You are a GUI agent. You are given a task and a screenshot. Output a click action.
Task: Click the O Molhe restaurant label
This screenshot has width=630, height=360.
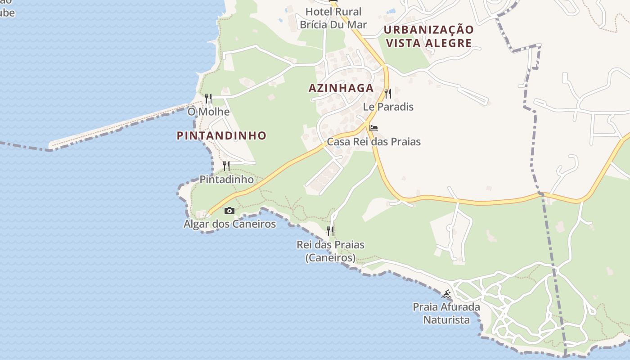point(208,112)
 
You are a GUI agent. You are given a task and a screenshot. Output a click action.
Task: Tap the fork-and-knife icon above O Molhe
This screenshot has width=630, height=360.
point(208,98)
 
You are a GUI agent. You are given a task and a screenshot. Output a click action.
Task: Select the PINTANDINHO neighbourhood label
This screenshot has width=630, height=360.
point(221,135)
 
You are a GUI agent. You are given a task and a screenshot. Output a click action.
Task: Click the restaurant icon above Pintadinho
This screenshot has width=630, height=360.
point(226,166)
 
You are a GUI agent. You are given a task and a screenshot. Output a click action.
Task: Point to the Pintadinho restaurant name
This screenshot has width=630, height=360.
point(226,180)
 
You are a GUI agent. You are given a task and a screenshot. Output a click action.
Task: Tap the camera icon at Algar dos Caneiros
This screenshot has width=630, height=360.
point(229,211)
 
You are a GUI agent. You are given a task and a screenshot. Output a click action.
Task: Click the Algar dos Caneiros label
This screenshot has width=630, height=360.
point(229,224)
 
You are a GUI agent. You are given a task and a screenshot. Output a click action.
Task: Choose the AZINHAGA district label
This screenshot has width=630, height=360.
point(341,88)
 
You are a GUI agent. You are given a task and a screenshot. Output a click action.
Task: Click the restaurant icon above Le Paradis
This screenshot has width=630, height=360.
point(388,93)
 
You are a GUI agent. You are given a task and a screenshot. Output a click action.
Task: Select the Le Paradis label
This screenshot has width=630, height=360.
point(388,107)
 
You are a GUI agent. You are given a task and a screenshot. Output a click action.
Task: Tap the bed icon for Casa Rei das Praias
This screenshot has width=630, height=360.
point(373,128)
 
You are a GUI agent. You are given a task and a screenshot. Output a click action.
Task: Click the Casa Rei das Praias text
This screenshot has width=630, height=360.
point(373,142)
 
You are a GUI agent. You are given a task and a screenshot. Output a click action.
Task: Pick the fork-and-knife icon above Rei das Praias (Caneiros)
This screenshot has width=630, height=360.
point(330,231)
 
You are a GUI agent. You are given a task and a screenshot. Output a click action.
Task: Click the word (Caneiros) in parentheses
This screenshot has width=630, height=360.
point(330,258)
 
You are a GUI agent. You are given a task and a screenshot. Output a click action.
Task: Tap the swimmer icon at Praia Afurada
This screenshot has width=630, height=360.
point(446,294)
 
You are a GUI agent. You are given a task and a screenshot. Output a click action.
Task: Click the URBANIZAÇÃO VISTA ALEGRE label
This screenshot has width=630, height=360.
point(429,36)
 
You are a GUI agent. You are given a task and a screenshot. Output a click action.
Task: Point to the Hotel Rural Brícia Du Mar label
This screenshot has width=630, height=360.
point(333,18)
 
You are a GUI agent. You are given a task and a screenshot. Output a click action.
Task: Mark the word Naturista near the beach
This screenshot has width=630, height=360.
point(446,320)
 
